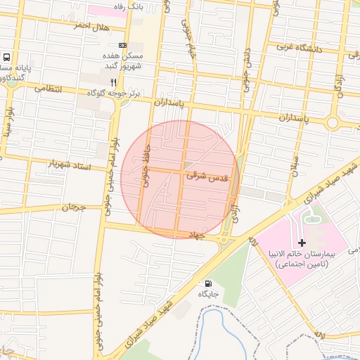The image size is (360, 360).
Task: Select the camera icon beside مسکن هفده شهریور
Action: [x=124, y=45]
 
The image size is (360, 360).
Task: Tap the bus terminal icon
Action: [x=6, y=58]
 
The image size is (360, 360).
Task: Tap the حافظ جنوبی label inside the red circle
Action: [x=146, y=168]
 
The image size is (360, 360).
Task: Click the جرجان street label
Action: [x=72, y=207]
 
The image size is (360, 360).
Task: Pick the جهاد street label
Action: [x=194, y=236]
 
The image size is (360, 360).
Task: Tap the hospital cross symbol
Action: [x=302, y=242]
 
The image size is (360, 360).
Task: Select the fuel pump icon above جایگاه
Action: [x=207, y=283]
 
